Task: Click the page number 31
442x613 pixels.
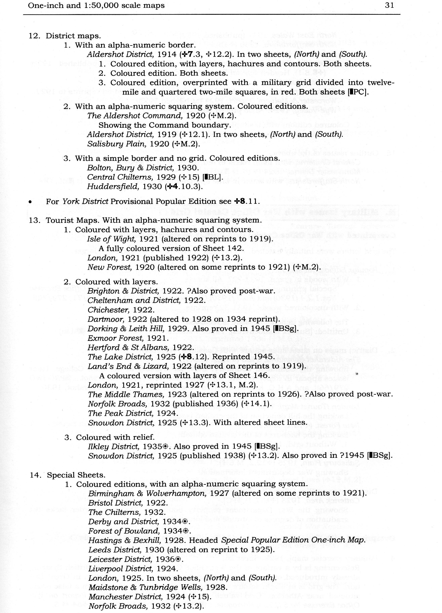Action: click(x=389, y=5)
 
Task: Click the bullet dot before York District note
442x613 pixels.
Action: click(x=31, y=202)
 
